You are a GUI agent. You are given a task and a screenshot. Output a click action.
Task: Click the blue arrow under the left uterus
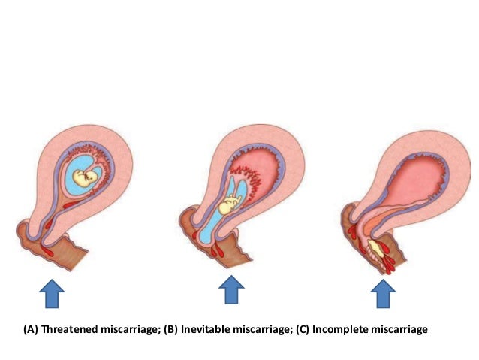(50, 292)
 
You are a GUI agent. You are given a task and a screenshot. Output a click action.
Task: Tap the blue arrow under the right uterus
(384, 292)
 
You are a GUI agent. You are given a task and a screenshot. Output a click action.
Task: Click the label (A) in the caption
(31, 329)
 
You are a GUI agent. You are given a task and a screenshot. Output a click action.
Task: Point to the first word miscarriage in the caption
(128, 329)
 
